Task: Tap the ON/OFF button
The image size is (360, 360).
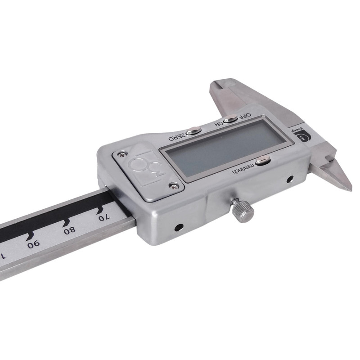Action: click(x=230, y=119)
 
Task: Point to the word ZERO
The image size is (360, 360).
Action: click(x=177, y=135)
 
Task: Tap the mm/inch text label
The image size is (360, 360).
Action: click(x=243, y=169)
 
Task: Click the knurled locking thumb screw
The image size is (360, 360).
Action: click(x=243, y=210)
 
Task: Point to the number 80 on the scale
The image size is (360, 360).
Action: click(x=70, y=231)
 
